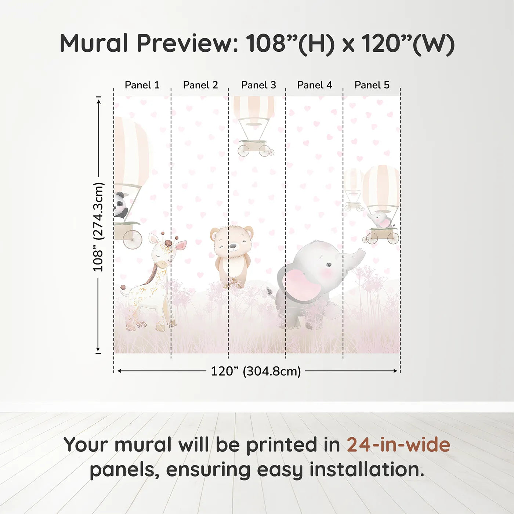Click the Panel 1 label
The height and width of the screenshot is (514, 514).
coord(142,85)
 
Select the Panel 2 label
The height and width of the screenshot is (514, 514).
coord(200,85)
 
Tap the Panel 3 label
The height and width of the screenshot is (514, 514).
coord(258,85)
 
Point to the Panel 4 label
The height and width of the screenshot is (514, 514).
coord(315,85)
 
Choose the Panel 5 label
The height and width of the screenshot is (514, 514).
coord(372,85)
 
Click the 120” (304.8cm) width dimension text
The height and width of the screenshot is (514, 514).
coord(256,371)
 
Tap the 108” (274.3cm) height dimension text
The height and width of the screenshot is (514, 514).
coord(98,227)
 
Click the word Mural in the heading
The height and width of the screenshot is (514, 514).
coord(94,43)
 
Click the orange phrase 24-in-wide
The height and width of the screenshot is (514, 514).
coord(398,445)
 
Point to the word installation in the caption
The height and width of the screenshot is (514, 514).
coord(366,470)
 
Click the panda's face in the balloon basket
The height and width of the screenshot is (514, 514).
coord(119,204)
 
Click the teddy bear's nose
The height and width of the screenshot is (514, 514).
coord(232,245)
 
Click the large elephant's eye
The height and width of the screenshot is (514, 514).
coord(329,265)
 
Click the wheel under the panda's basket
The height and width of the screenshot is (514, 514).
coord(132,239)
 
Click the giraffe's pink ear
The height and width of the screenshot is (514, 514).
coord(181,245)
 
